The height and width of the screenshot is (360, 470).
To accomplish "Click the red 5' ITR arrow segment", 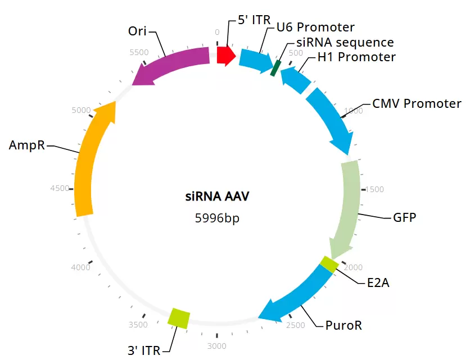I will pos(225,55).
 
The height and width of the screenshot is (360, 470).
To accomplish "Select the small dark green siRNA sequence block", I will pos(275,68).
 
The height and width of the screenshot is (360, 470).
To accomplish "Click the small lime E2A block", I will pos(329,264).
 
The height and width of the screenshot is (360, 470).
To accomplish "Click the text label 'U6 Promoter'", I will pos(315,28).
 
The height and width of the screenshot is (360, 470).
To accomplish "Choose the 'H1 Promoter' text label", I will pos(356,57).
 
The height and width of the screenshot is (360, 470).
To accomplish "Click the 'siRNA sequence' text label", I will pos(345,42).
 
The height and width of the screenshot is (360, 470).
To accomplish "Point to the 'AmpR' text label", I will pos(26,145).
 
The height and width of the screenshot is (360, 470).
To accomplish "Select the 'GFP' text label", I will pos(404,217).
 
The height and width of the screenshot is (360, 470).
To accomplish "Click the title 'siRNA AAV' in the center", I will pos(217,197).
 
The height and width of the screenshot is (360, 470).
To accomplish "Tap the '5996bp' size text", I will pos(217,218).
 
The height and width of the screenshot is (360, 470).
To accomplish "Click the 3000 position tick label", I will pos(217,345).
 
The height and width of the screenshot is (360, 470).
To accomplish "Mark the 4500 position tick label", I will pos(60,189).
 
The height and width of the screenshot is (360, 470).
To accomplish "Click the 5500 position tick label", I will pos(139,52).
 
